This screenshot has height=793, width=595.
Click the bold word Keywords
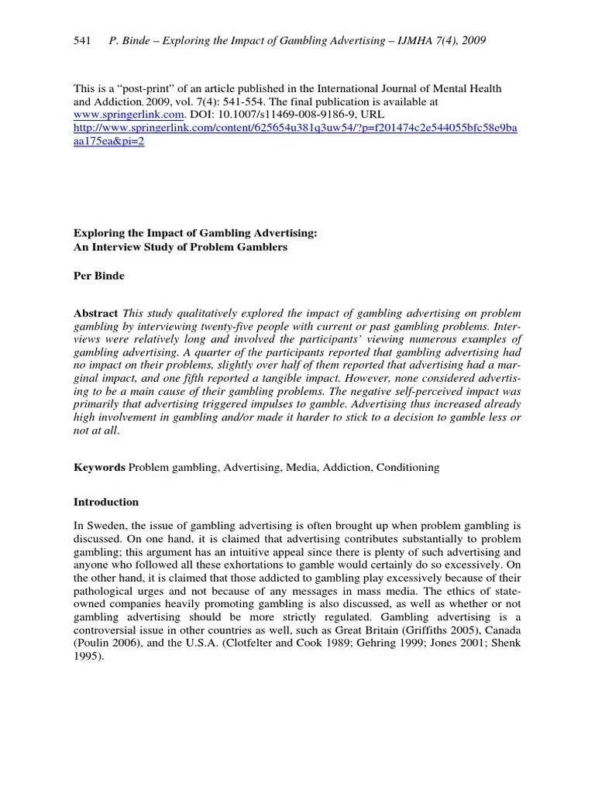pos(99,468)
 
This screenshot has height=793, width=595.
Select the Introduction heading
pos(106,502)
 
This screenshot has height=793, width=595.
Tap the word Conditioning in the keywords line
pos(408,468)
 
